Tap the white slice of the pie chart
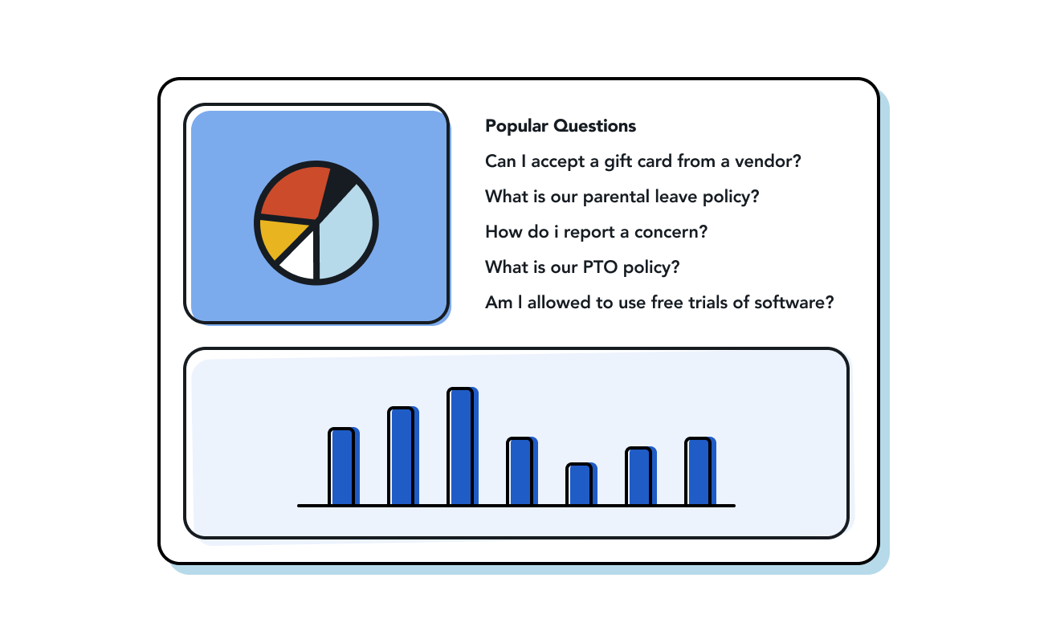tap(300, 258)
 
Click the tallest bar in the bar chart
tap(462, 446)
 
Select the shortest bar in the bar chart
tap(581, 484)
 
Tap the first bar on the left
tap(343, 466)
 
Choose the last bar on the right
tap(699, 471)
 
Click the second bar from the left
tap(402, 456)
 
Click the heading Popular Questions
tap(561, 126)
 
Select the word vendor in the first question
tap(768, 161)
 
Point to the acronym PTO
tap(601, 267)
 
